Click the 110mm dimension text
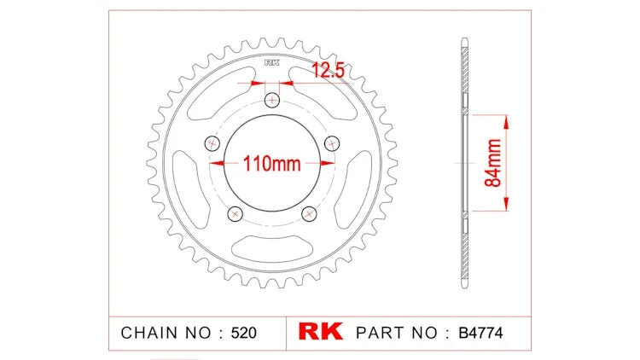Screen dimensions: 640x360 tap(272, 164)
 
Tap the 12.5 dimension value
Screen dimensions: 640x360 tap(329, 71)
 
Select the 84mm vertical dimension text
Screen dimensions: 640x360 tap(492, 163)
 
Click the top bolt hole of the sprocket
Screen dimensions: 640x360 tap(272, 100)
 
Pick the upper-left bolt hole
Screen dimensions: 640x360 tap(212, 143)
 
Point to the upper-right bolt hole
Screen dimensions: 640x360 tap(332, 143)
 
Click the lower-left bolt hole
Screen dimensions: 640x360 tap(236, 213)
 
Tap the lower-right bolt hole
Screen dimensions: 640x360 tap(309, 213)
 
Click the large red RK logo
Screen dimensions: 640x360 tap(320, 331)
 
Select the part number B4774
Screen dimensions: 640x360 tap(480, 333)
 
